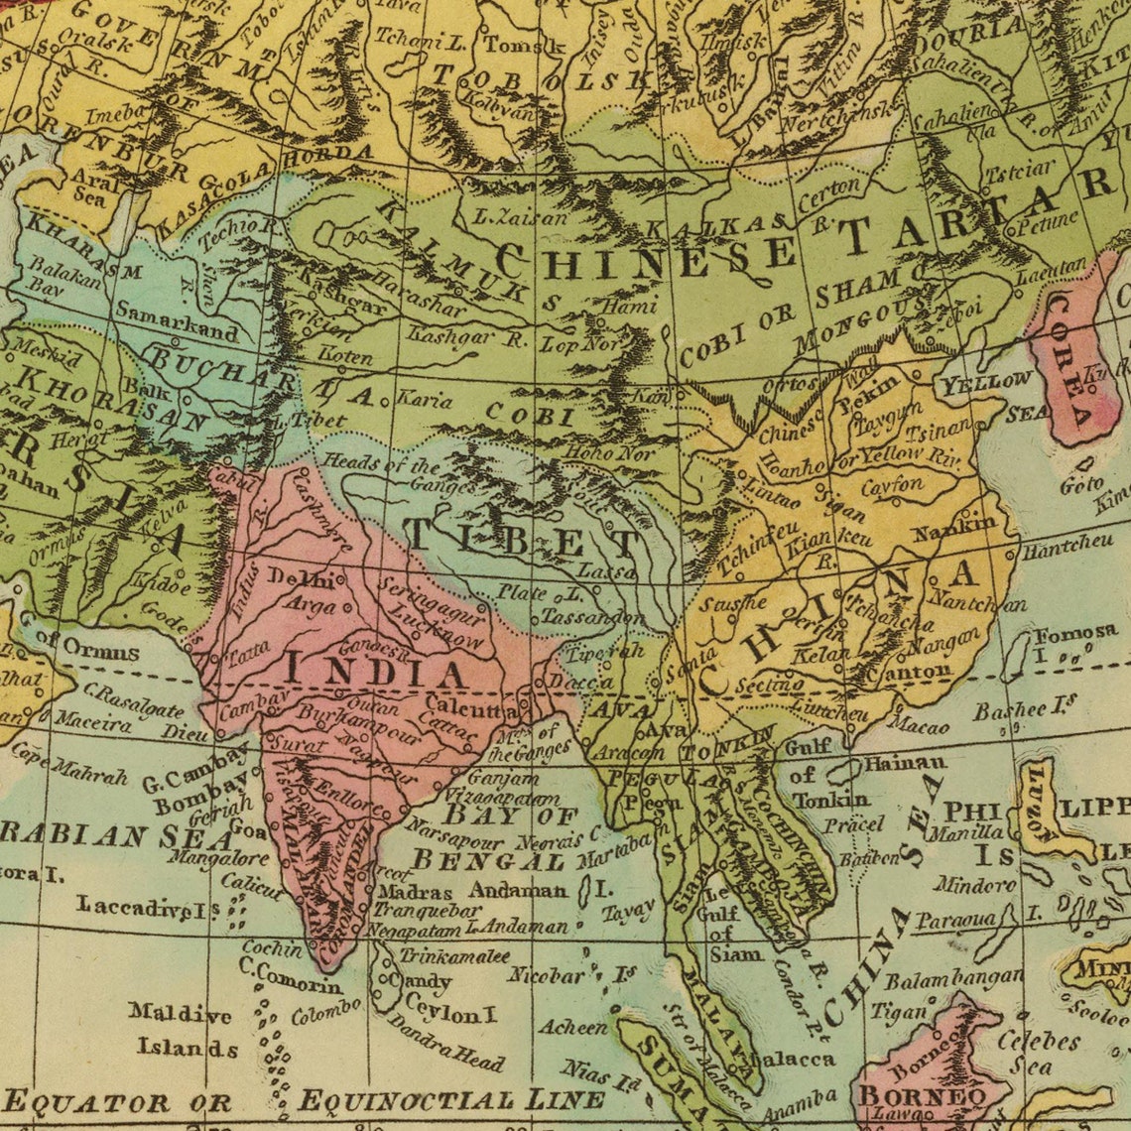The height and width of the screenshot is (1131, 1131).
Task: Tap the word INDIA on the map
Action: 375,672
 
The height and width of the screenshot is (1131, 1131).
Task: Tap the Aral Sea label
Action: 93,189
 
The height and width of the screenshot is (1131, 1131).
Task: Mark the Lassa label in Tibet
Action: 605,572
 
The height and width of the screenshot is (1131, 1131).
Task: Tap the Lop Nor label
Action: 579,344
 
